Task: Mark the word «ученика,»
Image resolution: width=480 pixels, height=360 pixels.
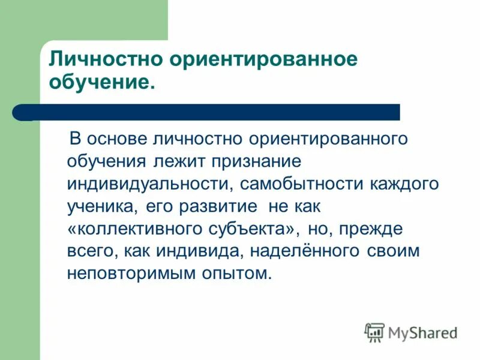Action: click(98, 206)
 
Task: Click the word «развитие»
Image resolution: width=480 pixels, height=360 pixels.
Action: click(220, 206)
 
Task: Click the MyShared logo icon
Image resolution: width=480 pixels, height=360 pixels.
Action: click(374, 332)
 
